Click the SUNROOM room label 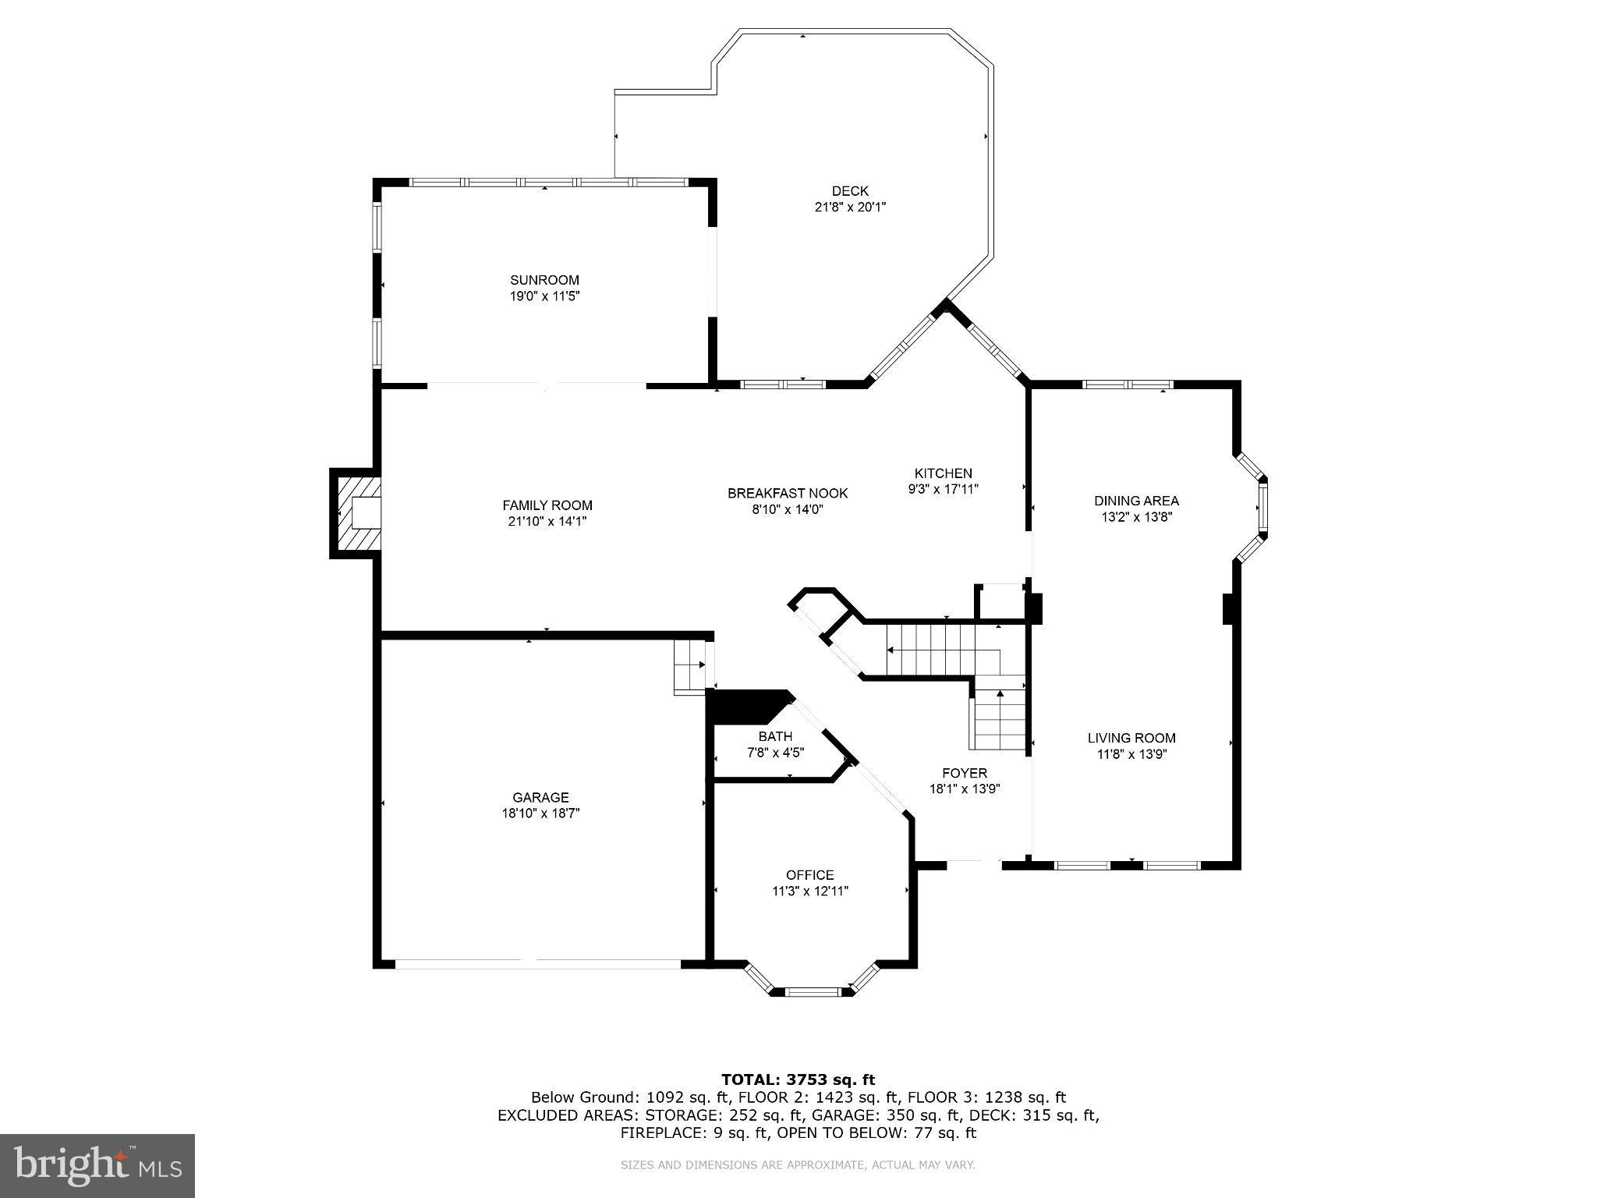coord(544,280)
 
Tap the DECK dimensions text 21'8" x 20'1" coord(849,207)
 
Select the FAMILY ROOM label coord(547,505)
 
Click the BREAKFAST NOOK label coord(787,493)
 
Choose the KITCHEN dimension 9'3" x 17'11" coord(943,489)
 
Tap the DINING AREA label coord(1135,501)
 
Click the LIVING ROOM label coord(1131,738)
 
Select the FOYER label coord(964,773)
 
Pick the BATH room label coord(775,736)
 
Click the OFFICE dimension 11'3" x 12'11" coord(809,891)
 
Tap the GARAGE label coord(540,797)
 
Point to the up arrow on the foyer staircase coord(1000,694)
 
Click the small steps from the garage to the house coord(691,667)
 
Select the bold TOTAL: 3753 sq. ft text coord(798,1079)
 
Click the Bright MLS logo coord(97,1165)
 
